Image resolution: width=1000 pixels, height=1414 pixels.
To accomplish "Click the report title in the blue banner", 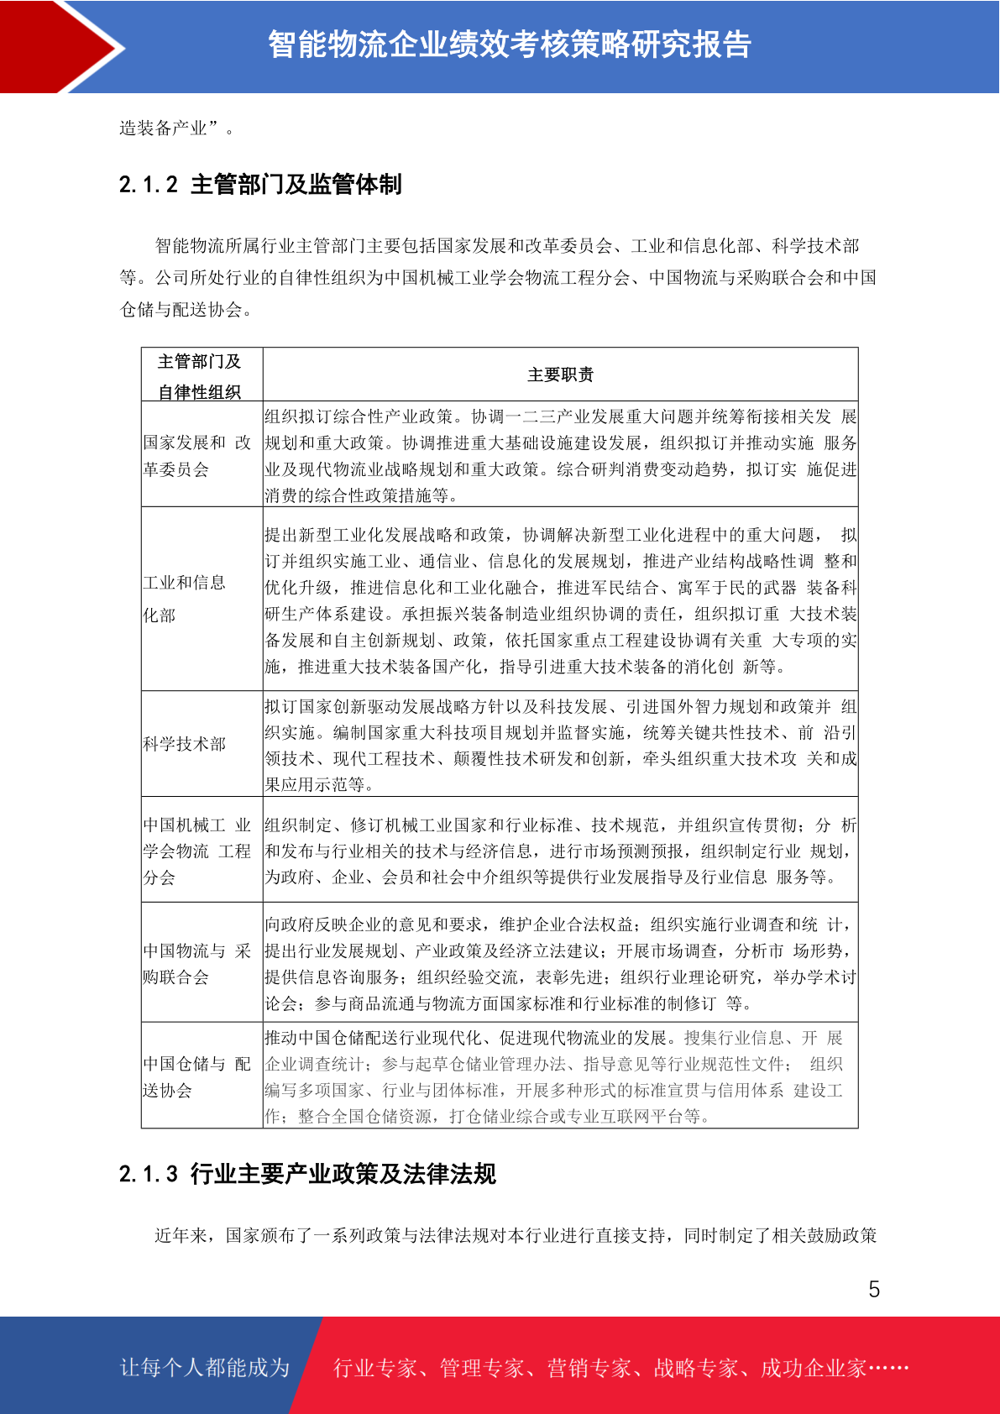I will pyautogui.click(x=509, y=45).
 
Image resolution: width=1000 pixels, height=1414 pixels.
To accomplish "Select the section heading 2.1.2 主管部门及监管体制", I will pyautogui.click(x=260, y=184).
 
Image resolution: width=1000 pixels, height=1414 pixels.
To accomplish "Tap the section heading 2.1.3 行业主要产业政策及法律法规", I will pyautogui.click(x=307, y=1173).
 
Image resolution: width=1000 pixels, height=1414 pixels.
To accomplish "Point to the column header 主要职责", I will pyautogui.click(x=560, y=374).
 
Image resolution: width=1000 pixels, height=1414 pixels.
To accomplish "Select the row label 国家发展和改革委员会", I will pyautogui.click(x=196, y=456).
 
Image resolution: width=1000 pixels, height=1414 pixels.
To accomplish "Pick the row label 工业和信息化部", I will pyautogui.click(x=185, y=599).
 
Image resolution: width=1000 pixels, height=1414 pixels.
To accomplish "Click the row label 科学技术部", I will pyautogui.click(x=185, y=744).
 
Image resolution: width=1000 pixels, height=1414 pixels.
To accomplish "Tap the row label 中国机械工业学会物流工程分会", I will pyautogui.click(x=196, y=851).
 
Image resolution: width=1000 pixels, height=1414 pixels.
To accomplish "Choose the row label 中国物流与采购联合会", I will pyautogui.click(x=196, y=964).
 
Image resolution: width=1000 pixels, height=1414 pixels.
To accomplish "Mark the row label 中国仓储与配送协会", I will pyautogui.click(x=196, y=1077).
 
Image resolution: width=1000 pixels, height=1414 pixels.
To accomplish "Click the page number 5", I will pyautogui.click(x=874, y=1290).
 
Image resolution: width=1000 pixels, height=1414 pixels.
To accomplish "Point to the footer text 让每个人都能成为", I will pyautogui.click(x=205, y=1368).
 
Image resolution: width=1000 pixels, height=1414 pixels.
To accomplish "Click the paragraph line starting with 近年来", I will pyautogui.click(x=516, y=1235).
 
